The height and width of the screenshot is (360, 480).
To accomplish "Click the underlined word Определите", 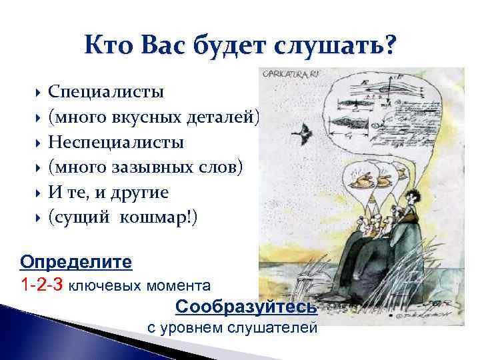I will pos(76,259).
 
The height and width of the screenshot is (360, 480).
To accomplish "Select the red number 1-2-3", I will pos(42,285).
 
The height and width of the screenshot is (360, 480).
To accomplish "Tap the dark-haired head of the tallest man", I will pos(414,197).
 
